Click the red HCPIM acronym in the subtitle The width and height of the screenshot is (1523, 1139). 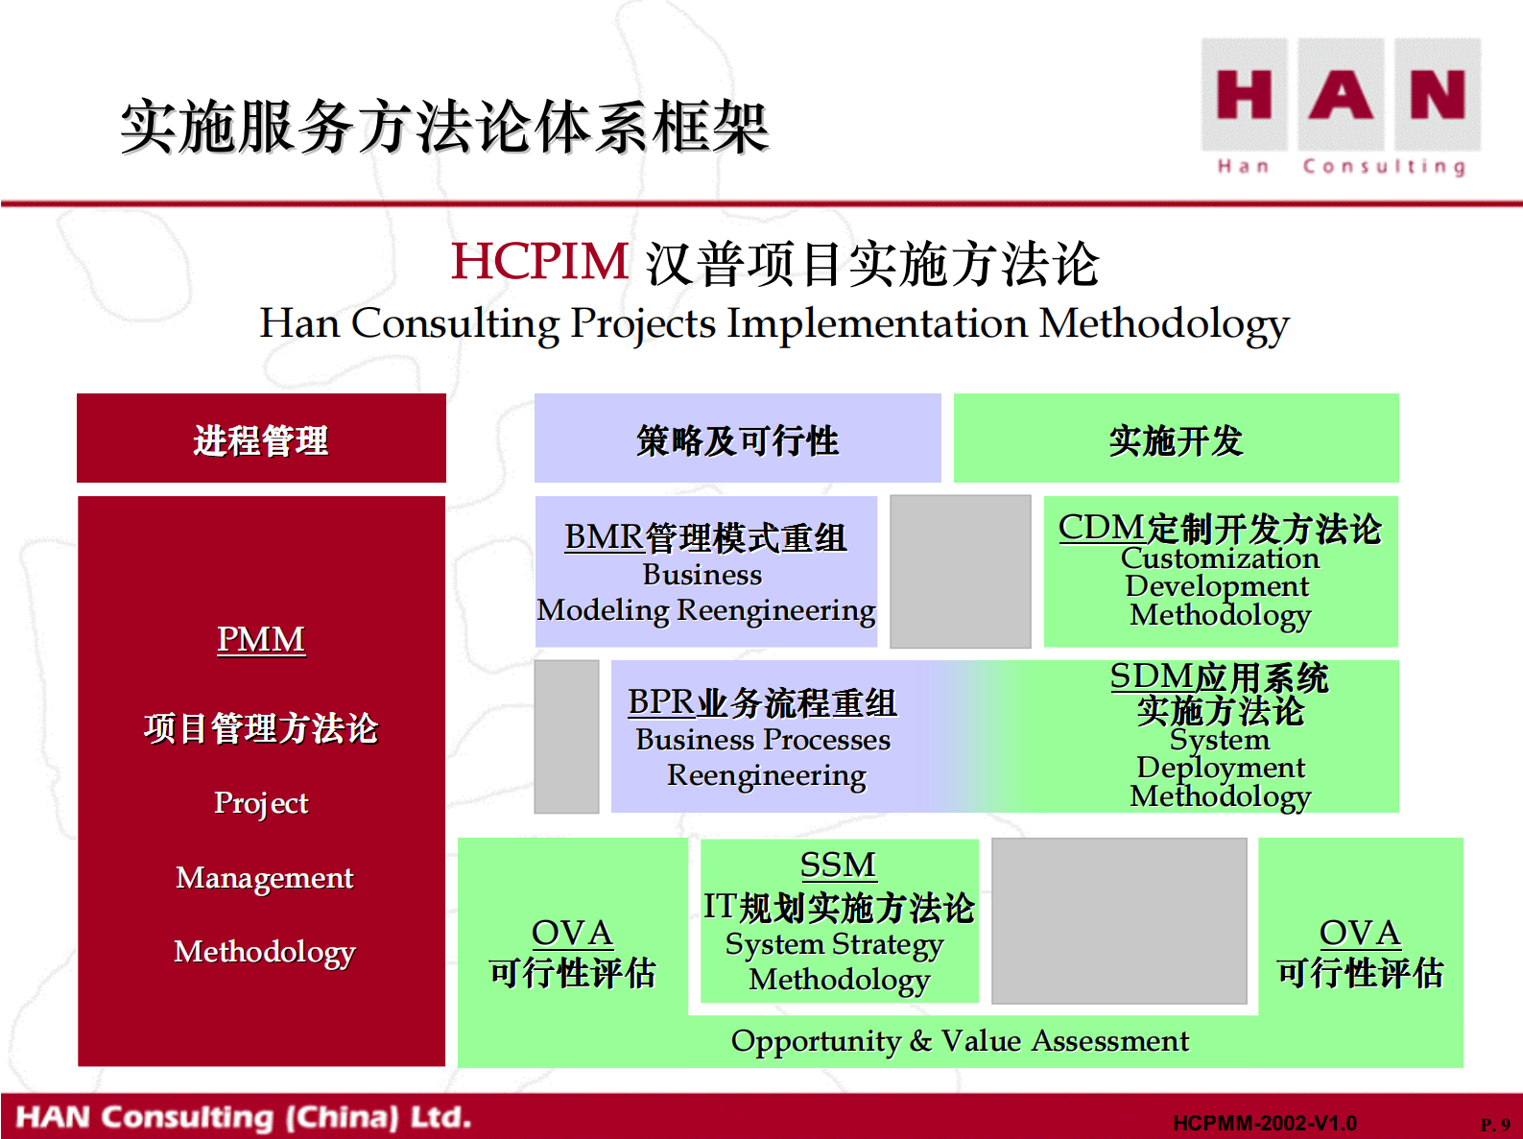point(539,262)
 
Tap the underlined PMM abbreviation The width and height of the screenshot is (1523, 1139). point(261,640)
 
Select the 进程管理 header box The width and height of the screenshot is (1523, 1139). point(262,438)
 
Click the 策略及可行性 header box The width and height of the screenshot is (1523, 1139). point(738,438)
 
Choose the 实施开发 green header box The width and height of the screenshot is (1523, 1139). point(1176,438)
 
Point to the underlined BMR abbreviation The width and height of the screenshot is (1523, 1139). point(605,537)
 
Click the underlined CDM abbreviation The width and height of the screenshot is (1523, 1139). point(1101,528)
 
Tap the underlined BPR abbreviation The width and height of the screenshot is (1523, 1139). point(661,702)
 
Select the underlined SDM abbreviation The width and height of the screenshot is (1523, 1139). point(1151,676)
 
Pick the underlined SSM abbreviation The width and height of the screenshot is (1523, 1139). point(838,865)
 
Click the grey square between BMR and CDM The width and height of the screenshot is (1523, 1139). point(961,572)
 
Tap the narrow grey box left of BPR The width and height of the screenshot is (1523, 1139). point(566,737)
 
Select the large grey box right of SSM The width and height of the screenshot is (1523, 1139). point(1119,920)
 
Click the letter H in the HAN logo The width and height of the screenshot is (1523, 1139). point(1244,94)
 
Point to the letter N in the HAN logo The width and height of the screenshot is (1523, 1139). point(1438,94)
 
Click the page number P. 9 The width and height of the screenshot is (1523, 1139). point(1495,1125)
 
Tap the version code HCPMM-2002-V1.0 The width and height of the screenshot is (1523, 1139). point(1264,1123)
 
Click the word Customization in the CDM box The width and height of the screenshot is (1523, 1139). point(1220,558)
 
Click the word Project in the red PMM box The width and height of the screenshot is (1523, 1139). point(261,803)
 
